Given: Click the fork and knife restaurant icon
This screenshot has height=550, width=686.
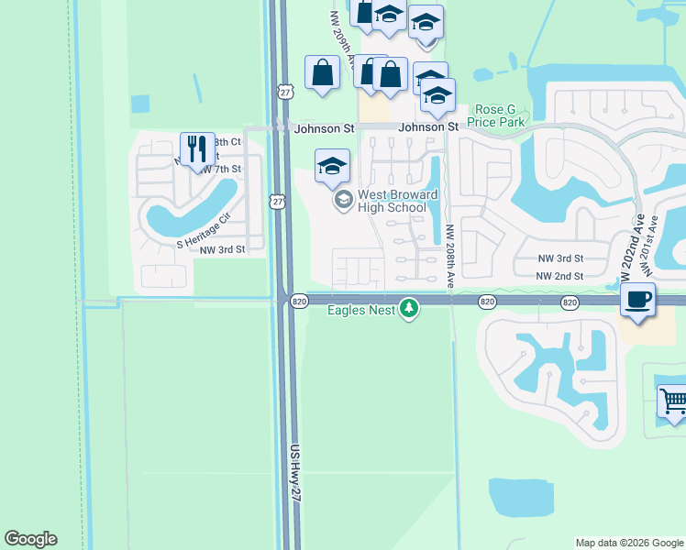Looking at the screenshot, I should click(x=197, y=148).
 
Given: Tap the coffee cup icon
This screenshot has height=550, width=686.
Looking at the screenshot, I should click(x=638, y=298).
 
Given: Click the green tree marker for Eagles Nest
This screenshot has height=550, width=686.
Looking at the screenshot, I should click(x=409, y=309).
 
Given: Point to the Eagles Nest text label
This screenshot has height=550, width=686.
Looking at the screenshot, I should click(x=362, y=310).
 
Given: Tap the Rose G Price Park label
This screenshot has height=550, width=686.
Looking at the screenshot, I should click(x=495, y=115).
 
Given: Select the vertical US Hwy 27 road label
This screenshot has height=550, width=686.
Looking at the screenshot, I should click(x=296, y=471).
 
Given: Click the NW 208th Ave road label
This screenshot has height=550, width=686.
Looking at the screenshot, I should click(x=450, y=258).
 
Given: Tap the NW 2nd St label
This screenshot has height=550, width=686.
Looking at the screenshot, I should click(x=559, y=276).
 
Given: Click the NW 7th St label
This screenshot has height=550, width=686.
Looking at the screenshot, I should click(x=220, y=170).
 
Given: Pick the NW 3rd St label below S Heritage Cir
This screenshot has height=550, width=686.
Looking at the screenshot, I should click(x=223, y=249).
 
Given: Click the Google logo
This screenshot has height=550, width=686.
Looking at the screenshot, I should click(x=30, y=539).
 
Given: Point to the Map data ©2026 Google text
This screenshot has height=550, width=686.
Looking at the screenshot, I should click(x=629, y=543).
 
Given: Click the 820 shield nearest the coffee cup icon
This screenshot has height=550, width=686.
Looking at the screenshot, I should click(x=570, y=302).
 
